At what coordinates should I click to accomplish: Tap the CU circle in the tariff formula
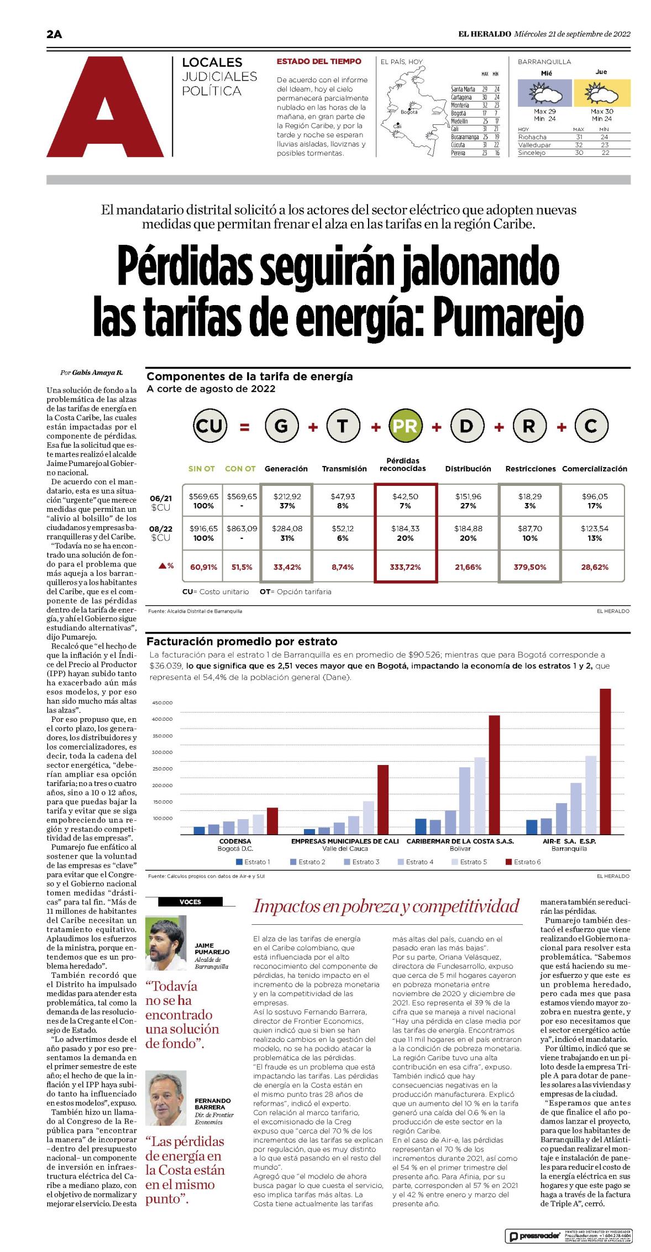pyautogui.click(x=210, y=426)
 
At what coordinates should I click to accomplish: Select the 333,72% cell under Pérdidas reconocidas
pyautogui.click(x=406, y=567)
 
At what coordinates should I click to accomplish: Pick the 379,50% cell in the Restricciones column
pyautogui.click(x=529, y=567)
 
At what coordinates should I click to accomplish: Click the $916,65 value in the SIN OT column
pyautogui.click(x=203, y=528)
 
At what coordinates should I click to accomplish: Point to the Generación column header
pyautogui.click(x=286, y=469)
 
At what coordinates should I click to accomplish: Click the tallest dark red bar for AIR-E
pyautogui.click(x=605, y=761)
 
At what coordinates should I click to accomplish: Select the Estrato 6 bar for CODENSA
pyautogui.click(x=272, y=821)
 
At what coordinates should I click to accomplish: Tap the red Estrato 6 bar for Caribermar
pyautogui.click(x=494, y=774)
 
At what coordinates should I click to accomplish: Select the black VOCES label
pyautogui.click(x=190, y=902)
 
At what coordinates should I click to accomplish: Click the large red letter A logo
pyautogui.click(x=105, y=107)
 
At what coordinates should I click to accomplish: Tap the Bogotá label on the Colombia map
pyautogui.click(x=409, y=112)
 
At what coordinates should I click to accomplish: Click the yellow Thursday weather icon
pyautogui.click(x=602, y=93)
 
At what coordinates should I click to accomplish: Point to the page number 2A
pyautogui.click(x=54, y=34)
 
